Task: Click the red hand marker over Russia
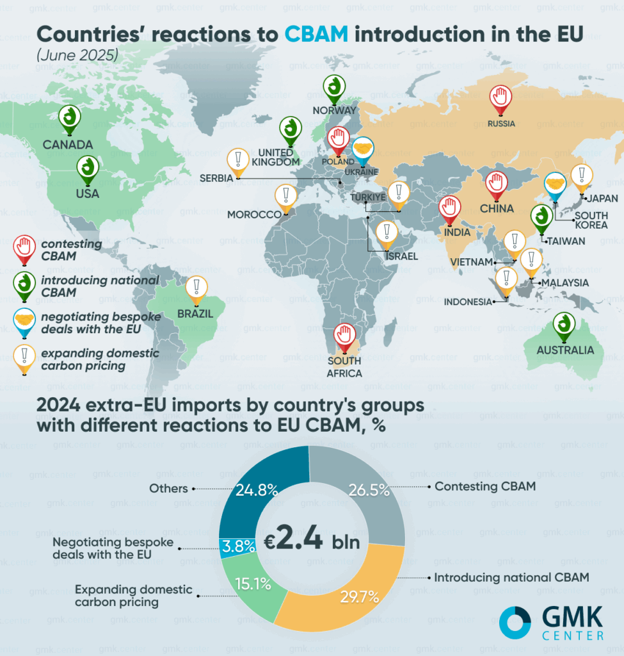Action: (501, 98)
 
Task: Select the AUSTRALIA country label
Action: (566, 350)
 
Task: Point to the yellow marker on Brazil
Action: (196, 288)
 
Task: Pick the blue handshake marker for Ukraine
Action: (364, 149)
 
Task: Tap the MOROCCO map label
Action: (255, 215)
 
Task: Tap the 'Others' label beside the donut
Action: (168, 488)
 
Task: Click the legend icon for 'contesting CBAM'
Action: (24, 247)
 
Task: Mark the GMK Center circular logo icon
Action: (515, 623)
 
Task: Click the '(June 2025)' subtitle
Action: (77, 55)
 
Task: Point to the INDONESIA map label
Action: (468, 302)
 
